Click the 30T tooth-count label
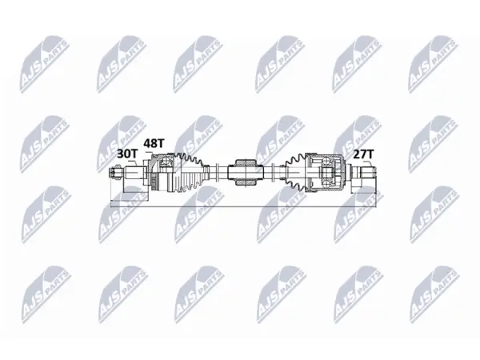126,154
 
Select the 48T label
154,143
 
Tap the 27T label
364,154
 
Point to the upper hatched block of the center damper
245,162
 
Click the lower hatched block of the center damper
245,182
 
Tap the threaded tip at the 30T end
114,172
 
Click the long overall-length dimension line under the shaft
243,206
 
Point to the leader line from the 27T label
370,163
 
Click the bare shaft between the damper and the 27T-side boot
274,172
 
